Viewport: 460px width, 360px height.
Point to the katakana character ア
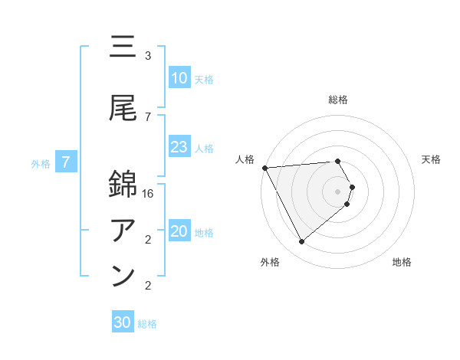[123, 230]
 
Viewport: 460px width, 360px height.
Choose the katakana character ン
[123, 276]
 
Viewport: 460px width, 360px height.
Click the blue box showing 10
[179, 78]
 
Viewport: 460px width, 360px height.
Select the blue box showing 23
[179, 147]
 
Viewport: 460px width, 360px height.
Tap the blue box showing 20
[179, 232]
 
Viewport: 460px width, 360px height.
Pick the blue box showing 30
[123, 322]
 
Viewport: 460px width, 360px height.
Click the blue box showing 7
[66, 162]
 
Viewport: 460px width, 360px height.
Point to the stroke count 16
[149, 195]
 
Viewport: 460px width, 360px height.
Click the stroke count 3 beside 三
[148, 56]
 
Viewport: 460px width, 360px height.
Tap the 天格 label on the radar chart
[432, 159]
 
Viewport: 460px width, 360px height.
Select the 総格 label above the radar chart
[338, 100]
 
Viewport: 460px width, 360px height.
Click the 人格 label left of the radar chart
[245, 159]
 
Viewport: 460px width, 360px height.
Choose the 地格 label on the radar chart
[402, 263]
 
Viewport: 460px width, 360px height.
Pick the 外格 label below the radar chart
[270, 263]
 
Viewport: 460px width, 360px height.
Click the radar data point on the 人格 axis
[264, 167]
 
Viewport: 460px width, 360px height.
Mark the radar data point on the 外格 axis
[301, 241]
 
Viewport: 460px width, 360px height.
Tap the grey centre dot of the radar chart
[338, 191]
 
